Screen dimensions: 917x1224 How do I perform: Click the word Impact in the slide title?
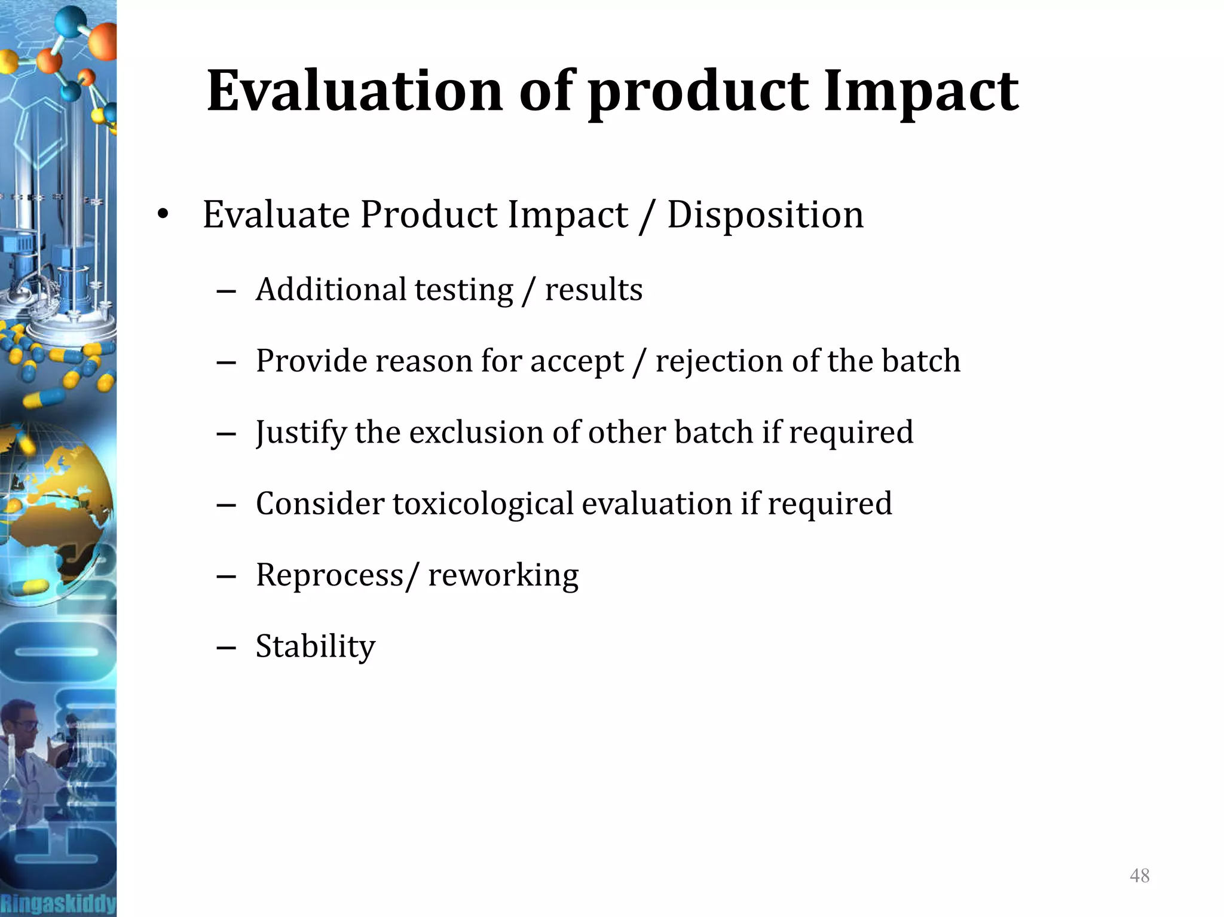coord(921,91)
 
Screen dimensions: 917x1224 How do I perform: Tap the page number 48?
coord(1139,876)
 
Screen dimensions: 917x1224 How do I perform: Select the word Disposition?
coord(765,214)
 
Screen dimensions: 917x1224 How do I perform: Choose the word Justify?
coord(301,433)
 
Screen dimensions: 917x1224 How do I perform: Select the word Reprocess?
coord(329,575)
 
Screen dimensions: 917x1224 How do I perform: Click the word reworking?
coord(503,575)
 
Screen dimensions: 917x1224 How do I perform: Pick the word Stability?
coord(316,646)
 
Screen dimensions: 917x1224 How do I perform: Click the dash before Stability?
coord(227,648)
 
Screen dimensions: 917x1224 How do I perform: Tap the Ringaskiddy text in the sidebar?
coord(58,903)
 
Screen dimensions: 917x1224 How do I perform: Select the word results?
coord(593,290)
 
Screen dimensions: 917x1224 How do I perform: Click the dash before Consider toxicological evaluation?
coord(227,505)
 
